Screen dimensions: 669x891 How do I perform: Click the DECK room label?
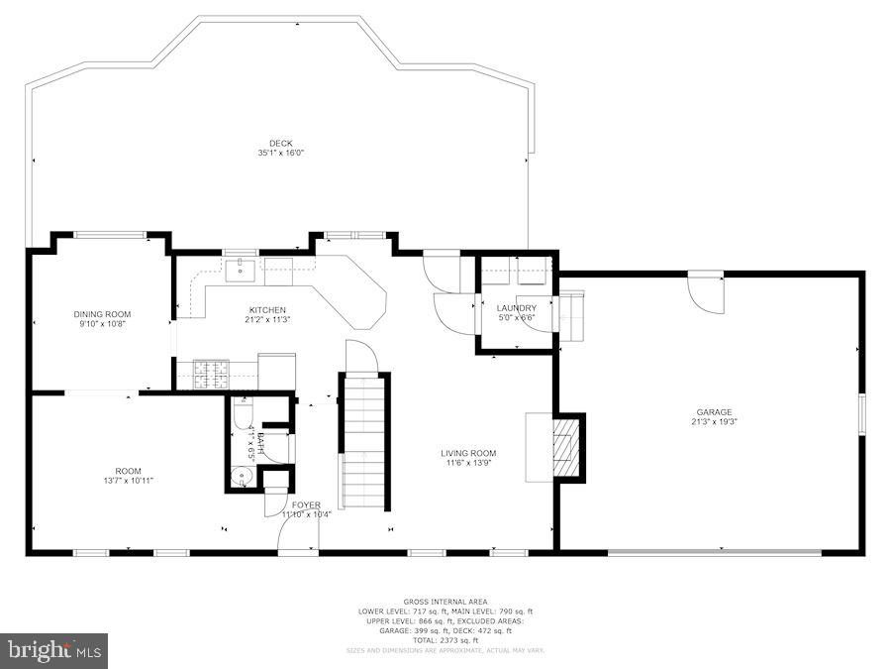pos(280,143)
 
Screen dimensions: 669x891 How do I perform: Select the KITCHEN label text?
pos(267,309)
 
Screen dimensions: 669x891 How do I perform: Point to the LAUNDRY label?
pos(516,308)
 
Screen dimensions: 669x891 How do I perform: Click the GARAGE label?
pos(714,411)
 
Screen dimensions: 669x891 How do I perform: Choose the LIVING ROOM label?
pos(468,453)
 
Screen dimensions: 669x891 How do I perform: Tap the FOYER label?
pos(306,505)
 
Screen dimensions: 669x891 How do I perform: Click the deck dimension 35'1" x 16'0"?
pos(280,154)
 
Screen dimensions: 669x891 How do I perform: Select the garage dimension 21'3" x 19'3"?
pos(714,422)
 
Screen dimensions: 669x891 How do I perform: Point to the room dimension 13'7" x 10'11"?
pos(128,481)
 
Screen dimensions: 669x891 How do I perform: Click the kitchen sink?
pos(241,268)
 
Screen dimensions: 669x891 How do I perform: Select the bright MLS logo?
pos(54,651)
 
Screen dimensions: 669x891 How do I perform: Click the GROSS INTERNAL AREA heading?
pos(445,602)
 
